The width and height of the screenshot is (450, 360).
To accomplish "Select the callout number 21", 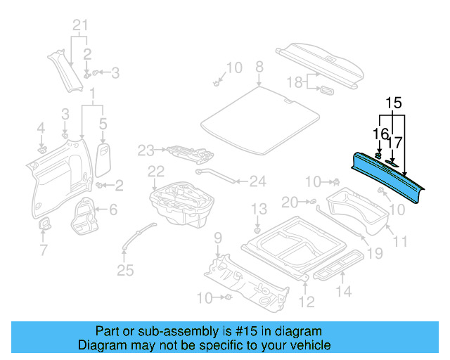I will click(81, 27).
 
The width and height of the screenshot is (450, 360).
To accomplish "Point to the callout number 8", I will click(259, 67).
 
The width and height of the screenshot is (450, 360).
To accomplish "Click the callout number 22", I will click(155, 171).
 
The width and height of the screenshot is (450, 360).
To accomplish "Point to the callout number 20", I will click(290, 202).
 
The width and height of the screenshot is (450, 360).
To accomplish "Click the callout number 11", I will click(400, 242).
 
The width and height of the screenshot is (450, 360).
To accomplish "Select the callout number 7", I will click(43, 250).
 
